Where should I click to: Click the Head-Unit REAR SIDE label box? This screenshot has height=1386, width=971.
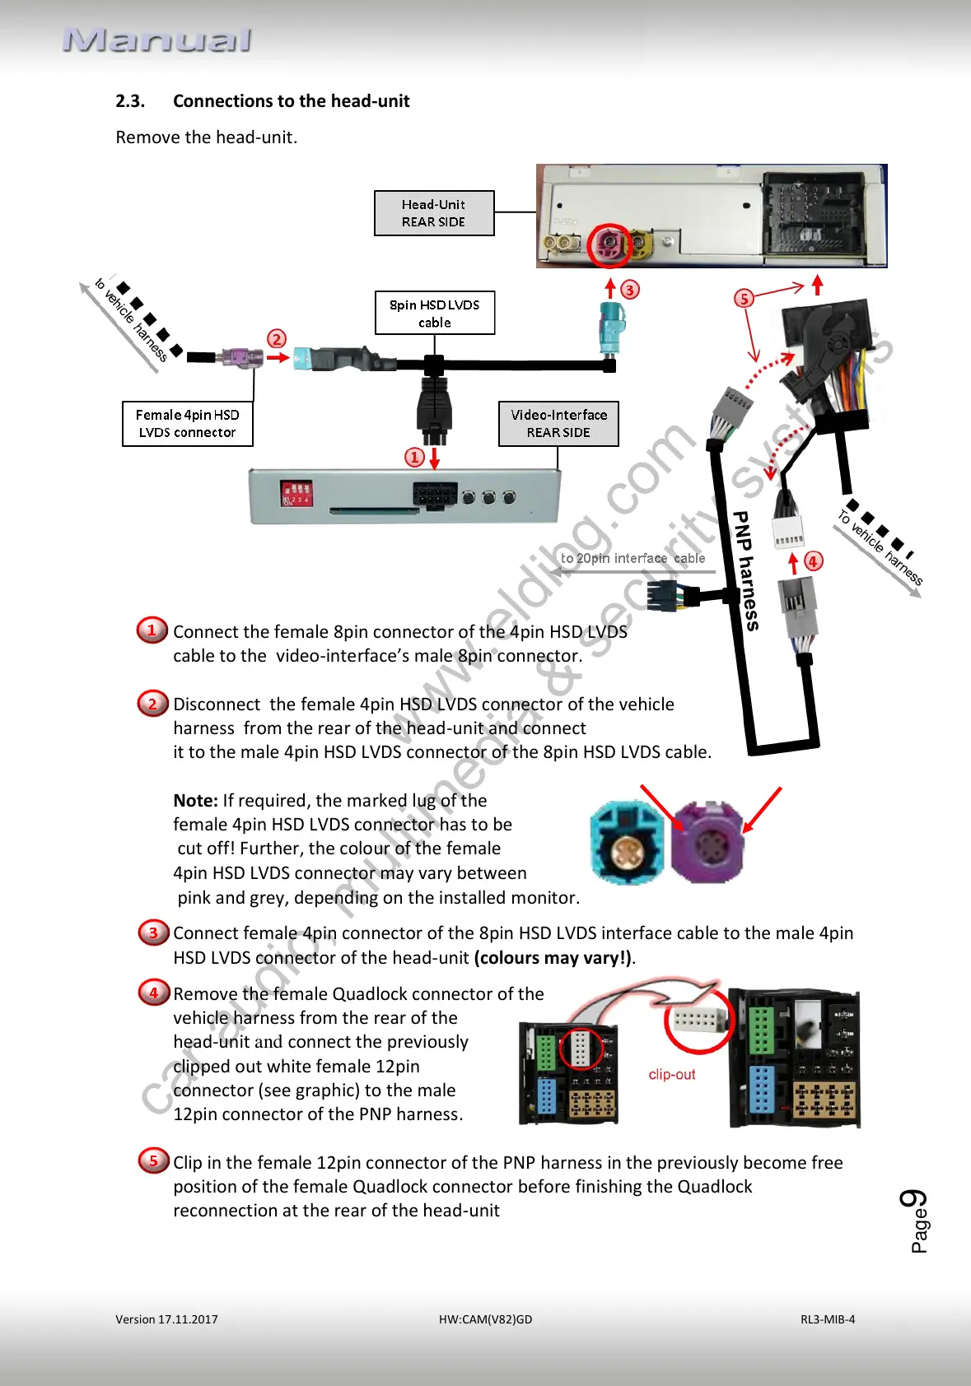coord(434,213)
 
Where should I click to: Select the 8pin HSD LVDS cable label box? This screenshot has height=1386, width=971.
coord(435,313)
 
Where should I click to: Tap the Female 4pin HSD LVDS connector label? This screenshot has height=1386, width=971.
coord(188,424)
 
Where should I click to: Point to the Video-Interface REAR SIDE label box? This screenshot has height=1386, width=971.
coord(558,424)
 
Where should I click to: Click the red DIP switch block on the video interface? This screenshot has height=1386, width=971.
coord(296,493)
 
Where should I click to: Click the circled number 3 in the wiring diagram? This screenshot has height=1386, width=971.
coord(630,290)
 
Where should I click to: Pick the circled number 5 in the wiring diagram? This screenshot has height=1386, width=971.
coord(744,298)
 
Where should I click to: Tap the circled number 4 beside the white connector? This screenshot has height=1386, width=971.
coord(814,561)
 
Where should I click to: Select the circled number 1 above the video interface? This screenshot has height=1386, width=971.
coord(415,457)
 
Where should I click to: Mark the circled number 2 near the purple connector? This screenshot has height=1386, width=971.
coord(277,338)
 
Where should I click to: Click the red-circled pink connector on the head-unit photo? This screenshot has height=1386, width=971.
coord(609,244)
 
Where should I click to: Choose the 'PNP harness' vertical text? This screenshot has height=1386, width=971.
coord(745,570)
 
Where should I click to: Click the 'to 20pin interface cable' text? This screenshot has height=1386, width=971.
coord(633,558)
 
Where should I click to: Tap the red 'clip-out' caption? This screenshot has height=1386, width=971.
coord(672,1074)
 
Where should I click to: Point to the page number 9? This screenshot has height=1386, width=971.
coord(914,1199)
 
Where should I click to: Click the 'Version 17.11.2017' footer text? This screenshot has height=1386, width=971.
coord(166,1319)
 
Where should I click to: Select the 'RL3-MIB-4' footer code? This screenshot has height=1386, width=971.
coord(828,1319)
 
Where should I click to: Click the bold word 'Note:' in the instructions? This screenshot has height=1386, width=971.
coord(195,801)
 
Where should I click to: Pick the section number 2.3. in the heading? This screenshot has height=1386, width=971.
coord(130,101)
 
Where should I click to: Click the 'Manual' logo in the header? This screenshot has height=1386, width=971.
coord(157,40)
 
